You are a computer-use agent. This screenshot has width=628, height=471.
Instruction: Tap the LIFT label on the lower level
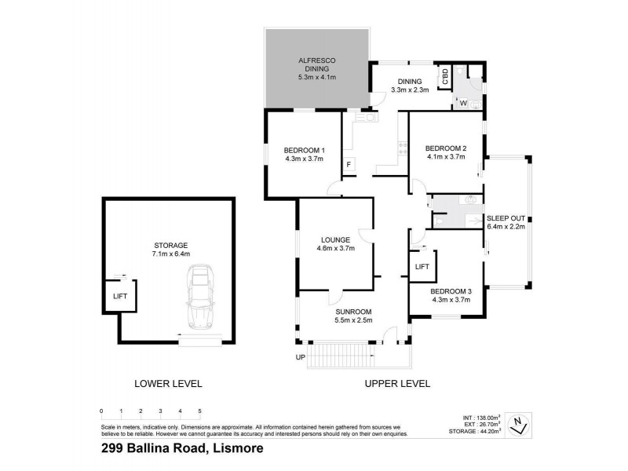click(120, 296)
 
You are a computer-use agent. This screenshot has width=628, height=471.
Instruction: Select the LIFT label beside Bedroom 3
click(422, 267)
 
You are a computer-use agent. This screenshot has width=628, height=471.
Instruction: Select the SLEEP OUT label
click(506, 217)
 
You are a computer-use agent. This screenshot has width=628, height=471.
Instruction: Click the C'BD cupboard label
click(444, 77)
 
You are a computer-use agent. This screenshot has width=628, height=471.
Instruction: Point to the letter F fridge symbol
click(348, 165)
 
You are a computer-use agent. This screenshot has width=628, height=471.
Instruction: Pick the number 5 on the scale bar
click(199, 411)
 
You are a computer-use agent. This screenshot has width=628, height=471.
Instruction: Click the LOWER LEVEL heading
click(169, 384)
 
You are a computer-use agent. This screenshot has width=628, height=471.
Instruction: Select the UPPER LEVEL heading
click(397, 384)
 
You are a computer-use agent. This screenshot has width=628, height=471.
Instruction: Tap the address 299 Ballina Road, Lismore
click(181, 449)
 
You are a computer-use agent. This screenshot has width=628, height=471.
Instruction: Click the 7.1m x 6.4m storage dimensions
click(170, 254)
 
